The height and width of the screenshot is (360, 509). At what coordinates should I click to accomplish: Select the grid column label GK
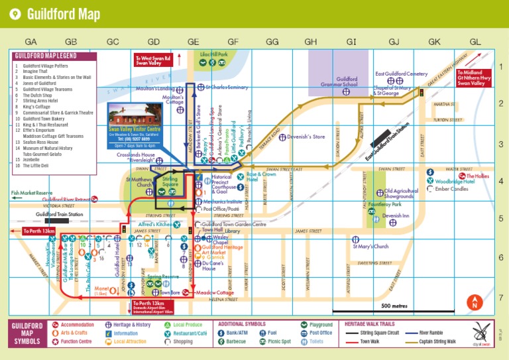tap(434, 41)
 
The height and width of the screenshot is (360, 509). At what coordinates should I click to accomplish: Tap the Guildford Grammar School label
tap(347, 82)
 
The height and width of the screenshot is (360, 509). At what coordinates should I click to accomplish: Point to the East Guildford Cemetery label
tap(402, 74)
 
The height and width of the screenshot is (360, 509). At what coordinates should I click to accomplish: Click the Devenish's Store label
tap(306, 137)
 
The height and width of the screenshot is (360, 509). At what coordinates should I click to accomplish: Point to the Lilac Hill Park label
tap(213, 54)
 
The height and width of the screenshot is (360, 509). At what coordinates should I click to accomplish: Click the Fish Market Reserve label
tap(31, 193)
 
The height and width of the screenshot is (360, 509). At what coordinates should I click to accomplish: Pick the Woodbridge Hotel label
tap(455, 181)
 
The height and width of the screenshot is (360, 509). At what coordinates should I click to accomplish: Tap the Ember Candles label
tap(451, 189)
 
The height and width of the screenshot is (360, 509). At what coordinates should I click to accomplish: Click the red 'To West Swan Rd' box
tap(153, 60)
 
